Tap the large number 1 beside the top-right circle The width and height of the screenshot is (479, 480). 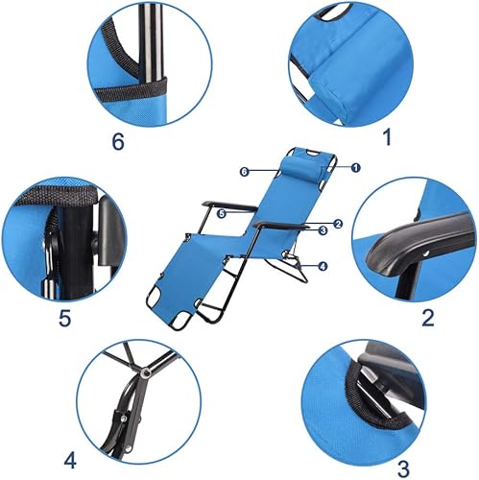click(387, 137)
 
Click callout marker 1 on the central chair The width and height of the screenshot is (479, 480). click(355, 168)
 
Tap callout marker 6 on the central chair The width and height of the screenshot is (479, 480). click(246, 171)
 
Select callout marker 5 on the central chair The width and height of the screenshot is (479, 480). click(222, 214)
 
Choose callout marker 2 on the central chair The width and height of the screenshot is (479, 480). click(338, 222)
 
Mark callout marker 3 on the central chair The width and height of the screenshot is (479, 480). click(323, 230)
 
